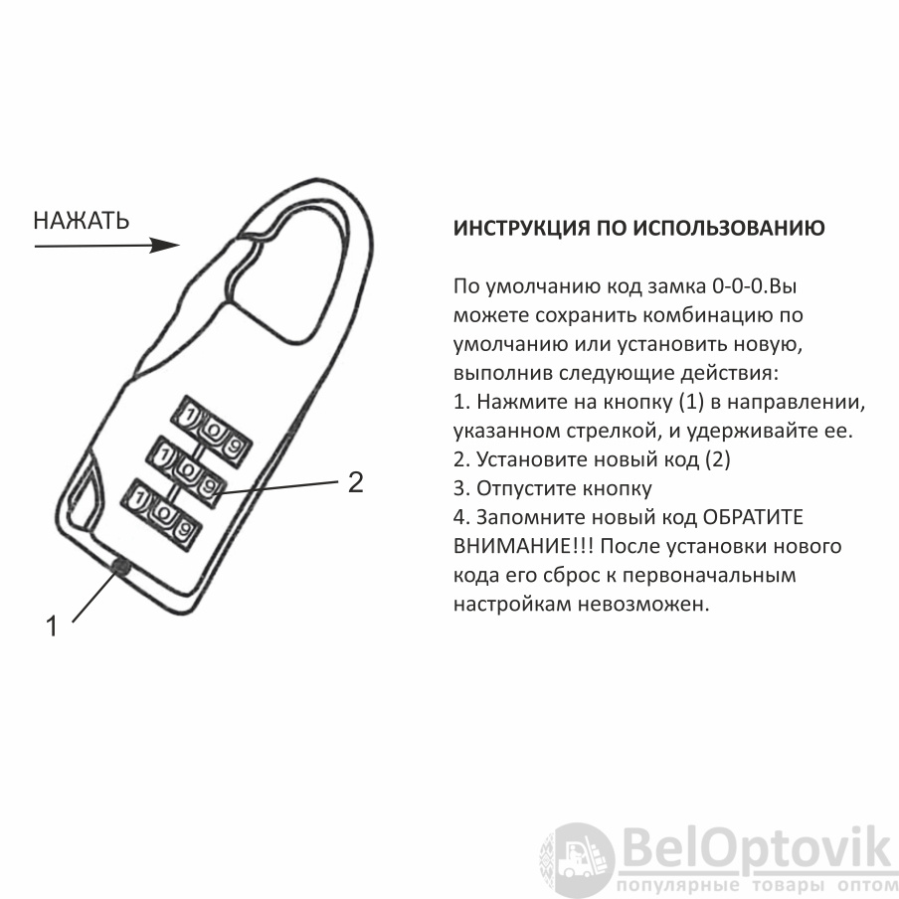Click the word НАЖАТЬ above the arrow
[x=82, y=221]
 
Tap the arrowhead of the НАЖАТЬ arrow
[x=165, y=246]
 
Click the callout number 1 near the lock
[x=52, y=627]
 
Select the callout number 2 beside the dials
[x=356, y=482]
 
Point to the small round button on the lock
[x=120, y=567]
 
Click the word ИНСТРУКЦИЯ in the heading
[x=522, y=228]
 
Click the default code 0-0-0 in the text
[x=739, y=285]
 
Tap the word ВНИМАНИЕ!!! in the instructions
[x=523, y=546]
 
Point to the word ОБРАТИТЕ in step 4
[x=753, y=517]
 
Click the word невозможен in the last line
[x=643, y=604]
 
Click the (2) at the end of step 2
[x=718, y=459]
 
